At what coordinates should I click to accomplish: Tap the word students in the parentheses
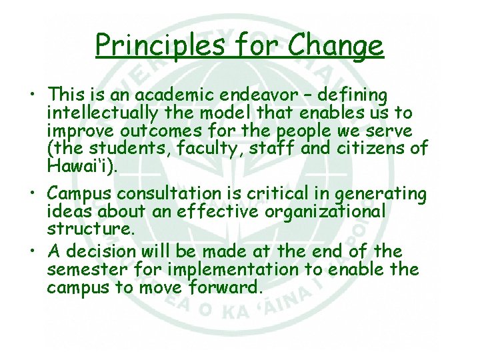pos(127,147)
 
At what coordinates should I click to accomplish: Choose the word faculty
pos(205,147)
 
